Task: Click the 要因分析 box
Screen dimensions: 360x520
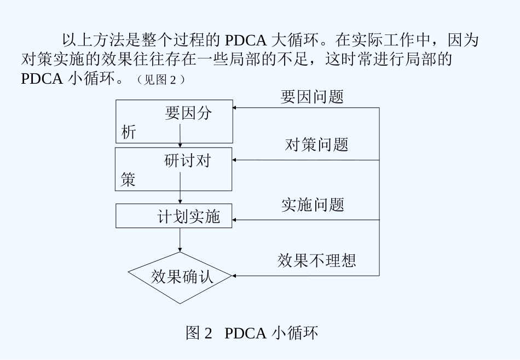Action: coord(174,121)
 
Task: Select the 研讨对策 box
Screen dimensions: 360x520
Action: coord(174,169)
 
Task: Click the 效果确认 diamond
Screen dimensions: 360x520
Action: coord(180,277)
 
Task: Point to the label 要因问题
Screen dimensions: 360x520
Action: coord(312,97)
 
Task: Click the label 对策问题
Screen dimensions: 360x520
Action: coord(316,145)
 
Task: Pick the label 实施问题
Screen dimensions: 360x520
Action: coord(313,205)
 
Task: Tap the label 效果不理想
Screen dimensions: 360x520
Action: coord(316,260)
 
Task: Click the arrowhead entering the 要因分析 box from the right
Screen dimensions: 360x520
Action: coord(235,108)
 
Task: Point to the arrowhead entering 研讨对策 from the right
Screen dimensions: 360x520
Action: coord(235,160)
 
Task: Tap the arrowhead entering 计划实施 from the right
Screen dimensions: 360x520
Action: coord(235,220)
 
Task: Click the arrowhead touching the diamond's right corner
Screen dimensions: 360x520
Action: coord(234,276)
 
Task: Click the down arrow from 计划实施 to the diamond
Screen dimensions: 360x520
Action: coord(180,241)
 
